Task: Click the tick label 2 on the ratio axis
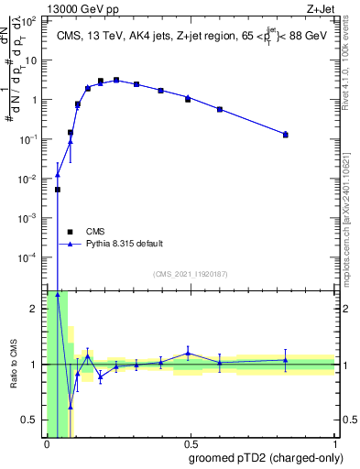click(x=34, y=309)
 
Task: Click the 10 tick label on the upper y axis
click(x=32, y=60)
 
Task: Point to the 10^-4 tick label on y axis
click(x=30, y=257)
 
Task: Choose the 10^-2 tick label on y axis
click(x=30, y=179)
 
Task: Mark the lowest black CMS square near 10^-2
click(x=58, y=190)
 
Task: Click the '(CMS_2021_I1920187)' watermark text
click(x=190, y=274)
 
